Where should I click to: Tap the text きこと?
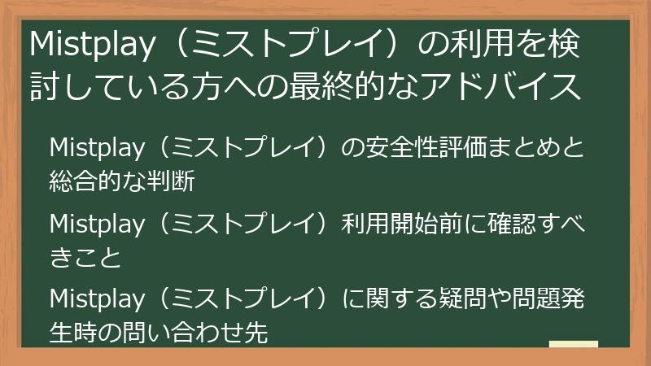pyautogui.click(x=85, y=257)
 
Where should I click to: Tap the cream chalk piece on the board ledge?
pyautogui.click(x=573, y=344)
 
